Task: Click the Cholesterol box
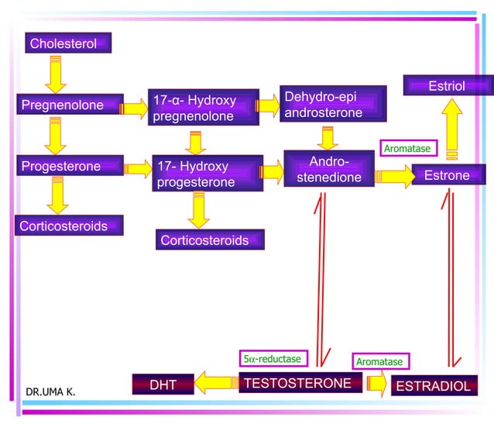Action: (x=68, y=43)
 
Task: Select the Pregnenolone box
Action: (x=70, y=104)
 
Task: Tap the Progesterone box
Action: (x=70, y=165)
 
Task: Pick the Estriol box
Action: (x=448, y=85)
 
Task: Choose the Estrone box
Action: (x=448, y=174)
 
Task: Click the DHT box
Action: (x=163, y=384)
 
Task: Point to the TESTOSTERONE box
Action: (x=300, y=383)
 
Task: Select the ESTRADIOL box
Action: (x=434, y=385)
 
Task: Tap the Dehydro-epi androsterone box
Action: (x=333, y=104)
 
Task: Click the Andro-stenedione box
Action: (x=329, y=169)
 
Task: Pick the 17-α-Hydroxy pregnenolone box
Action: (x=204, y=107)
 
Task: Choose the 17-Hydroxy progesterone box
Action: (x=208, y=173)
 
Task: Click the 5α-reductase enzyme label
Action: (x=273, y=358)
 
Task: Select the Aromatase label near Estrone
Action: (x=409, y=148)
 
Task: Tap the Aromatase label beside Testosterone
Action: (x=381, y=361)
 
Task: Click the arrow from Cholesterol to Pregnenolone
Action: (x=56, y=74)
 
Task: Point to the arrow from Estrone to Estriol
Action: (x=451, y=129)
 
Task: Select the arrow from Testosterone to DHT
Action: (x=217, y=383)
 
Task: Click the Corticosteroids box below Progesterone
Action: (x=69, y=226)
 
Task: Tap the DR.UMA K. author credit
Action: (x=50, y=391)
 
